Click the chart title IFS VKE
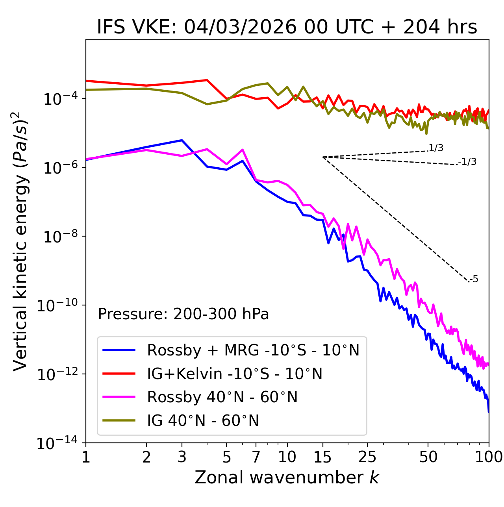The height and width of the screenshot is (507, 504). pos(287,28)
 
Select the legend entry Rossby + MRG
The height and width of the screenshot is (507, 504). pos(253,350)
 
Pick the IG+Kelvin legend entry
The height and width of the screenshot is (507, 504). pos(235,374)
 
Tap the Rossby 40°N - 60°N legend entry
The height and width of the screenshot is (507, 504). pos(222,397)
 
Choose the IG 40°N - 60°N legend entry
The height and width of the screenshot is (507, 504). pos(203,421)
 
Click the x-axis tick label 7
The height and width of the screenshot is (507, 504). pos(256,457)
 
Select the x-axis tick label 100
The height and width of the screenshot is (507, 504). pos(489,457)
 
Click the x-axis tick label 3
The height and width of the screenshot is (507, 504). pos(182,457)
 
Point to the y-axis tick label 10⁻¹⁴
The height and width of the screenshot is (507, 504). pos(56,444)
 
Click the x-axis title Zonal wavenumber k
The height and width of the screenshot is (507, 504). pos(287,477)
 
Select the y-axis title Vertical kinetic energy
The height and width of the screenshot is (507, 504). pos(21,241)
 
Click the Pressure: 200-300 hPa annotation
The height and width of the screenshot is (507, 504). pos(183,314)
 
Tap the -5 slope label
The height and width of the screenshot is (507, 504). pos(474,279)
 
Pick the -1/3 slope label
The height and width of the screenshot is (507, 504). pos(468,162)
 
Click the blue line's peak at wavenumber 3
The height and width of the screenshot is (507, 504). pos(182,140)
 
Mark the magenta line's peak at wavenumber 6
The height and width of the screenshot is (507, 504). pos(243,150)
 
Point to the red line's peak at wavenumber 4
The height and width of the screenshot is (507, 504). pos(207,80)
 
